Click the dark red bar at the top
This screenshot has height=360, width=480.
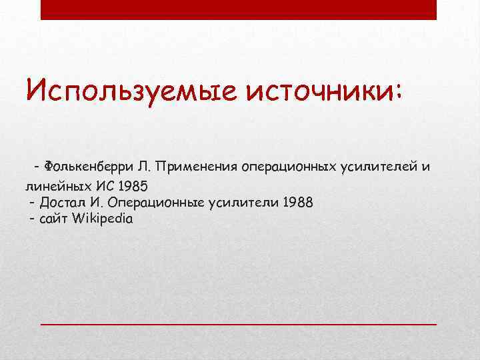click(238, 9)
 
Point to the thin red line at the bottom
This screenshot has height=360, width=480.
click(238, 323)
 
